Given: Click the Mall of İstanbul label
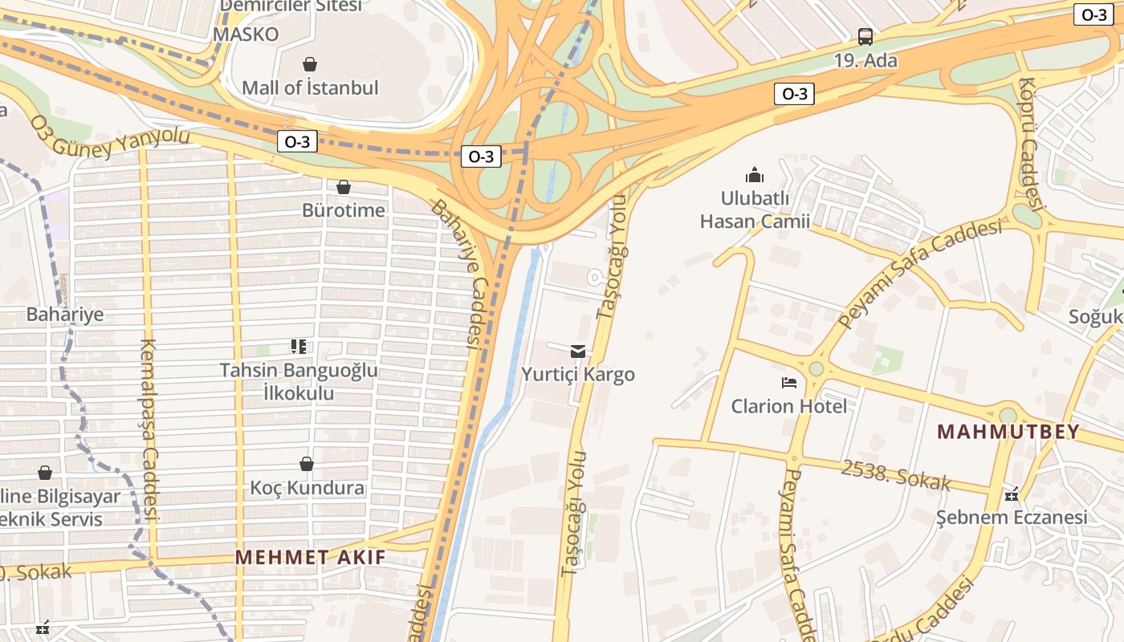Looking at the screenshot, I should (310, 87).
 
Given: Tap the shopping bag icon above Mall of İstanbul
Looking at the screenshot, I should (310, 64).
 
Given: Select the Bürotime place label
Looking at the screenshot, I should (344, 210).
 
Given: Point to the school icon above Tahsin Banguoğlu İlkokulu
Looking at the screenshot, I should (299, 347).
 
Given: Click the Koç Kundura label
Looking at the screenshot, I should (307, 488).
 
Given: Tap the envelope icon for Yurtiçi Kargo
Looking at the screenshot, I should (578, 351).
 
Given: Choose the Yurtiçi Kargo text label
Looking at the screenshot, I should (578, 375).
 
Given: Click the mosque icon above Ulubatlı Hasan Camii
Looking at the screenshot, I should (755, 175).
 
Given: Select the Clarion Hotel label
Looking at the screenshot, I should (788, 406).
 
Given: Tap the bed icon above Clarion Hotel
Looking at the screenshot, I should (789, 383).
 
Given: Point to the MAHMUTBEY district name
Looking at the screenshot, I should (1008, 432).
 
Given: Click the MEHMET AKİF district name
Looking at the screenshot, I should (310, 557).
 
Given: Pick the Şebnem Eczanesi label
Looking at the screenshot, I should (1012, 517).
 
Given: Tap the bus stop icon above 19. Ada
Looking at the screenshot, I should (865, 37).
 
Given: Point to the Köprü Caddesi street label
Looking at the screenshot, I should (1030, 144).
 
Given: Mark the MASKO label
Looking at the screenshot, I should (246, 35).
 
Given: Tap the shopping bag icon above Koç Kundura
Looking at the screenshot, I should (306, 464).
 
